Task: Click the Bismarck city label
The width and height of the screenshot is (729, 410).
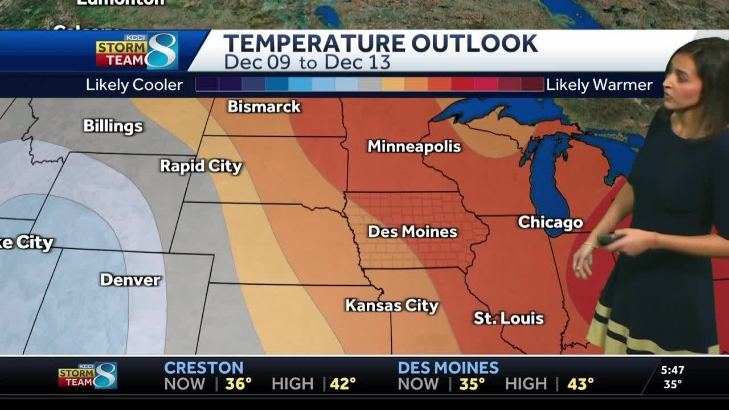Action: [x=264, y=106]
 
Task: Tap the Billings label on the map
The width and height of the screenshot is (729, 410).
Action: [x=113, y=126]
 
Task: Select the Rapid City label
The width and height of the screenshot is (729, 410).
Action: [x=200, y=166]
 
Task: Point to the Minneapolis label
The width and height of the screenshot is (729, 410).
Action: [x=414, y=146]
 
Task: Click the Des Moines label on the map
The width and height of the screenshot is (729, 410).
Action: [x=412, y=232]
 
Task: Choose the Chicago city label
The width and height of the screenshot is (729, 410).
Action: [x=550, y=222]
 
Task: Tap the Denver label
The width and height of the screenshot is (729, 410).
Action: [x=130, y=280]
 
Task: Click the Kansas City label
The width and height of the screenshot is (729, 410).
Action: [x=392, y=306]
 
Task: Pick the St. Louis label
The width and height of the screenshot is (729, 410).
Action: [x=509, y=318]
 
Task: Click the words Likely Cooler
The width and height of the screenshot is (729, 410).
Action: [x=134, y=85]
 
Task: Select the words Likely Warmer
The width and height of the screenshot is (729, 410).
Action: [x=599, y=85]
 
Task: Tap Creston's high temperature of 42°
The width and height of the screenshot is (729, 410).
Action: [x=342, y=384]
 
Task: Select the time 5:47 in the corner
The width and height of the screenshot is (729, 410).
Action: [x=673, y=370]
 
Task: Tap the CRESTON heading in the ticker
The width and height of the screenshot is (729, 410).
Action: [x=203, y=368]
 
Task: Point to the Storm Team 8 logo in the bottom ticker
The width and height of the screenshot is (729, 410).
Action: [x=88, y=376]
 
